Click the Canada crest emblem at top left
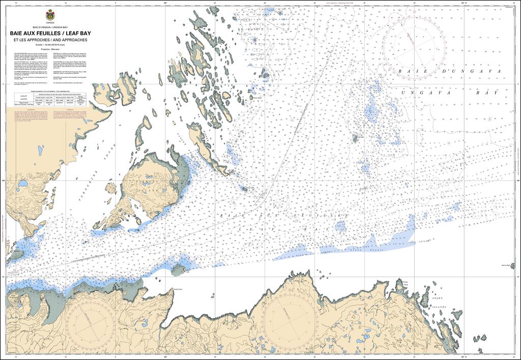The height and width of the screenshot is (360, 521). tap(50, 15)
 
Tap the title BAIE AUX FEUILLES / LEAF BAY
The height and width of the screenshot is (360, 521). tap(50, 34)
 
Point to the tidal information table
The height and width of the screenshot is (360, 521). tap(50, 99)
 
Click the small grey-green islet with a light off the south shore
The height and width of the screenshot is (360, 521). tap(179, 269)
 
